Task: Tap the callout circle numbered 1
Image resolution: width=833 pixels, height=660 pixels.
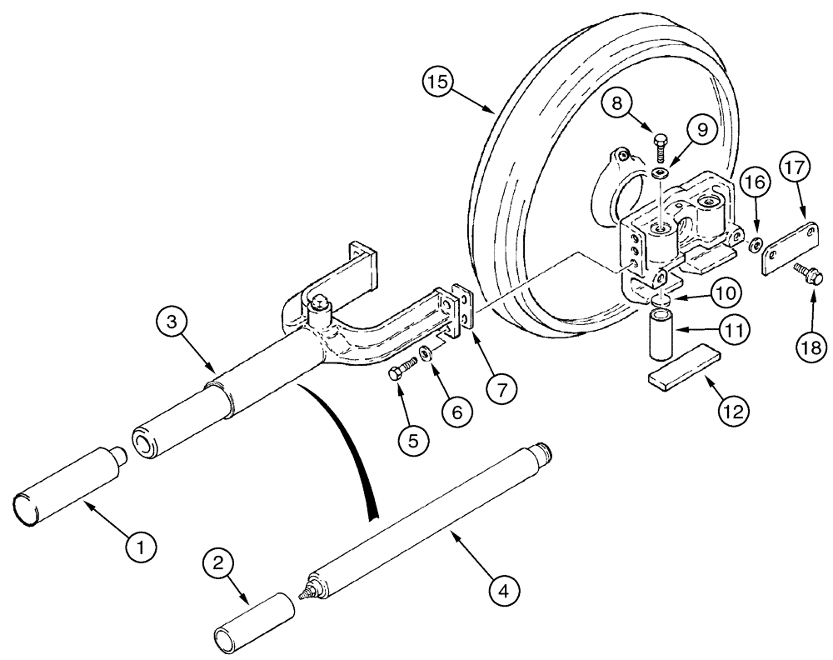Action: [141, 547]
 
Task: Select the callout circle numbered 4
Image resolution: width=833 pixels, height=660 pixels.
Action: [502, 592]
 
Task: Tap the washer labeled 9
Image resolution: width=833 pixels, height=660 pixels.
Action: [659, 172]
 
